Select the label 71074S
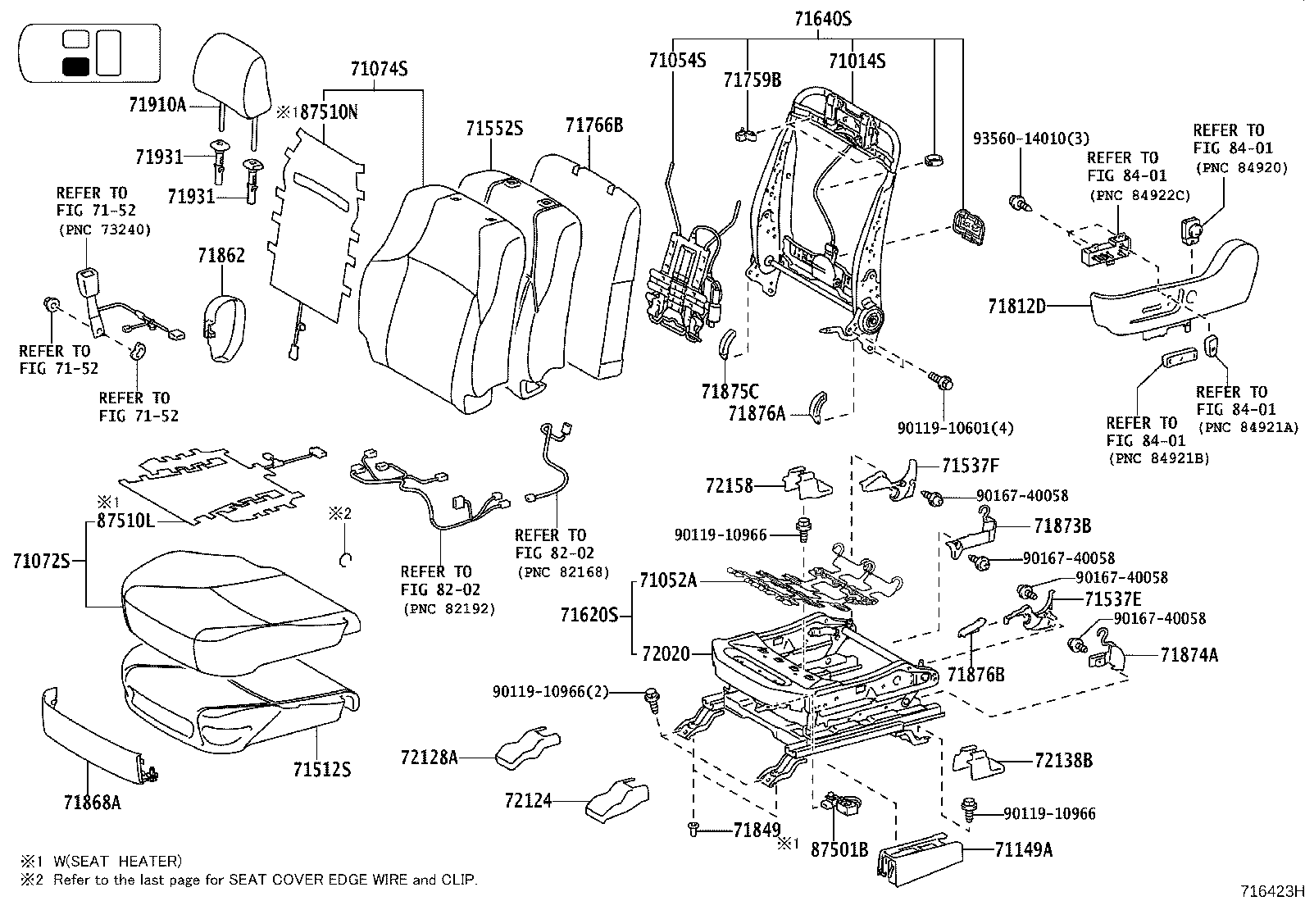[379, 71]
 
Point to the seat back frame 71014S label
[857, 61]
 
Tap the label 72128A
[430, 758]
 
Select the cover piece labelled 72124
[616, 799]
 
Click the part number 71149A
[1024, 849]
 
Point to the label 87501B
[839, 849]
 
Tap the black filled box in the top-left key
[76, 67]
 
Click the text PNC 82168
[554, 571]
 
